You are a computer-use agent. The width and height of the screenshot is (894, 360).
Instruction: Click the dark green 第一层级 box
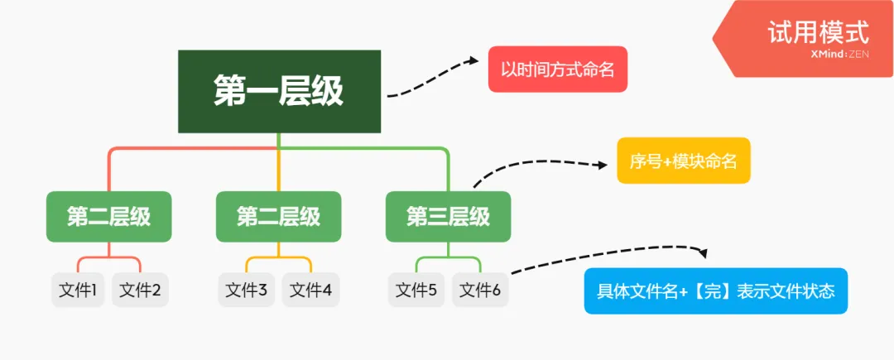tap(279, 91)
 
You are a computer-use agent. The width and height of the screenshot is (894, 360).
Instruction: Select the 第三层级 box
tap(448, 217)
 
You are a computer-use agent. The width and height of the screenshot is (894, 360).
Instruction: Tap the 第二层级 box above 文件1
tap(108, 217)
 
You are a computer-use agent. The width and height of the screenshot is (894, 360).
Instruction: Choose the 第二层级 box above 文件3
tap(278, 217)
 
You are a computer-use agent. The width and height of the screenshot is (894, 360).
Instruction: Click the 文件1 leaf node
tap(79, 290)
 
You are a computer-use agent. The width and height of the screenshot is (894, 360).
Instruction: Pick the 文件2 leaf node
tap(140, 290)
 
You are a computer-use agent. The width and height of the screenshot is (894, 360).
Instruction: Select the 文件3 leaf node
tap(247, 290)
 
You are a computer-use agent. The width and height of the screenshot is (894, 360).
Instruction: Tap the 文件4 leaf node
tap(310, 290)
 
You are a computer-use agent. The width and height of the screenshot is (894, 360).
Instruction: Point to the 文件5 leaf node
tap(416, 290)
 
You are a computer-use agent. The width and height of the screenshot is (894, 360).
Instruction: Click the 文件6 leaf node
tap(480, 290)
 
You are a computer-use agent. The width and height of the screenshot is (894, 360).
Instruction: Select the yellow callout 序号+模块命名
tap(683, 161)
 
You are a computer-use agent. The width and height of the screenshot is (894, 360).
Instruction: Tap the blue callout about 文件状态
tap(716, 291)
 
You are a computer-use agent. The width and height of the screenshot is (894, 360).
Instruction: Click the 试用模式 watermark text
tap(817, 32)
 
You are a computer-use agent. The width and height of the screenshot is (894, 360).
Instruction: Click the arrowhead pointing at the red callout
tap(473, 60)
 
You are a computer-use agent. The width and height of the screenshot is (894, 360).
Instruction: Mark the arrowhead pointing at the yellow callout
tap(602, 165)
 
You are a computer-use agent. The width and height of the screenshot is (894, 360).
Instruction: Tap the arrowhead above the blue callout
tap(704, 254)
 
